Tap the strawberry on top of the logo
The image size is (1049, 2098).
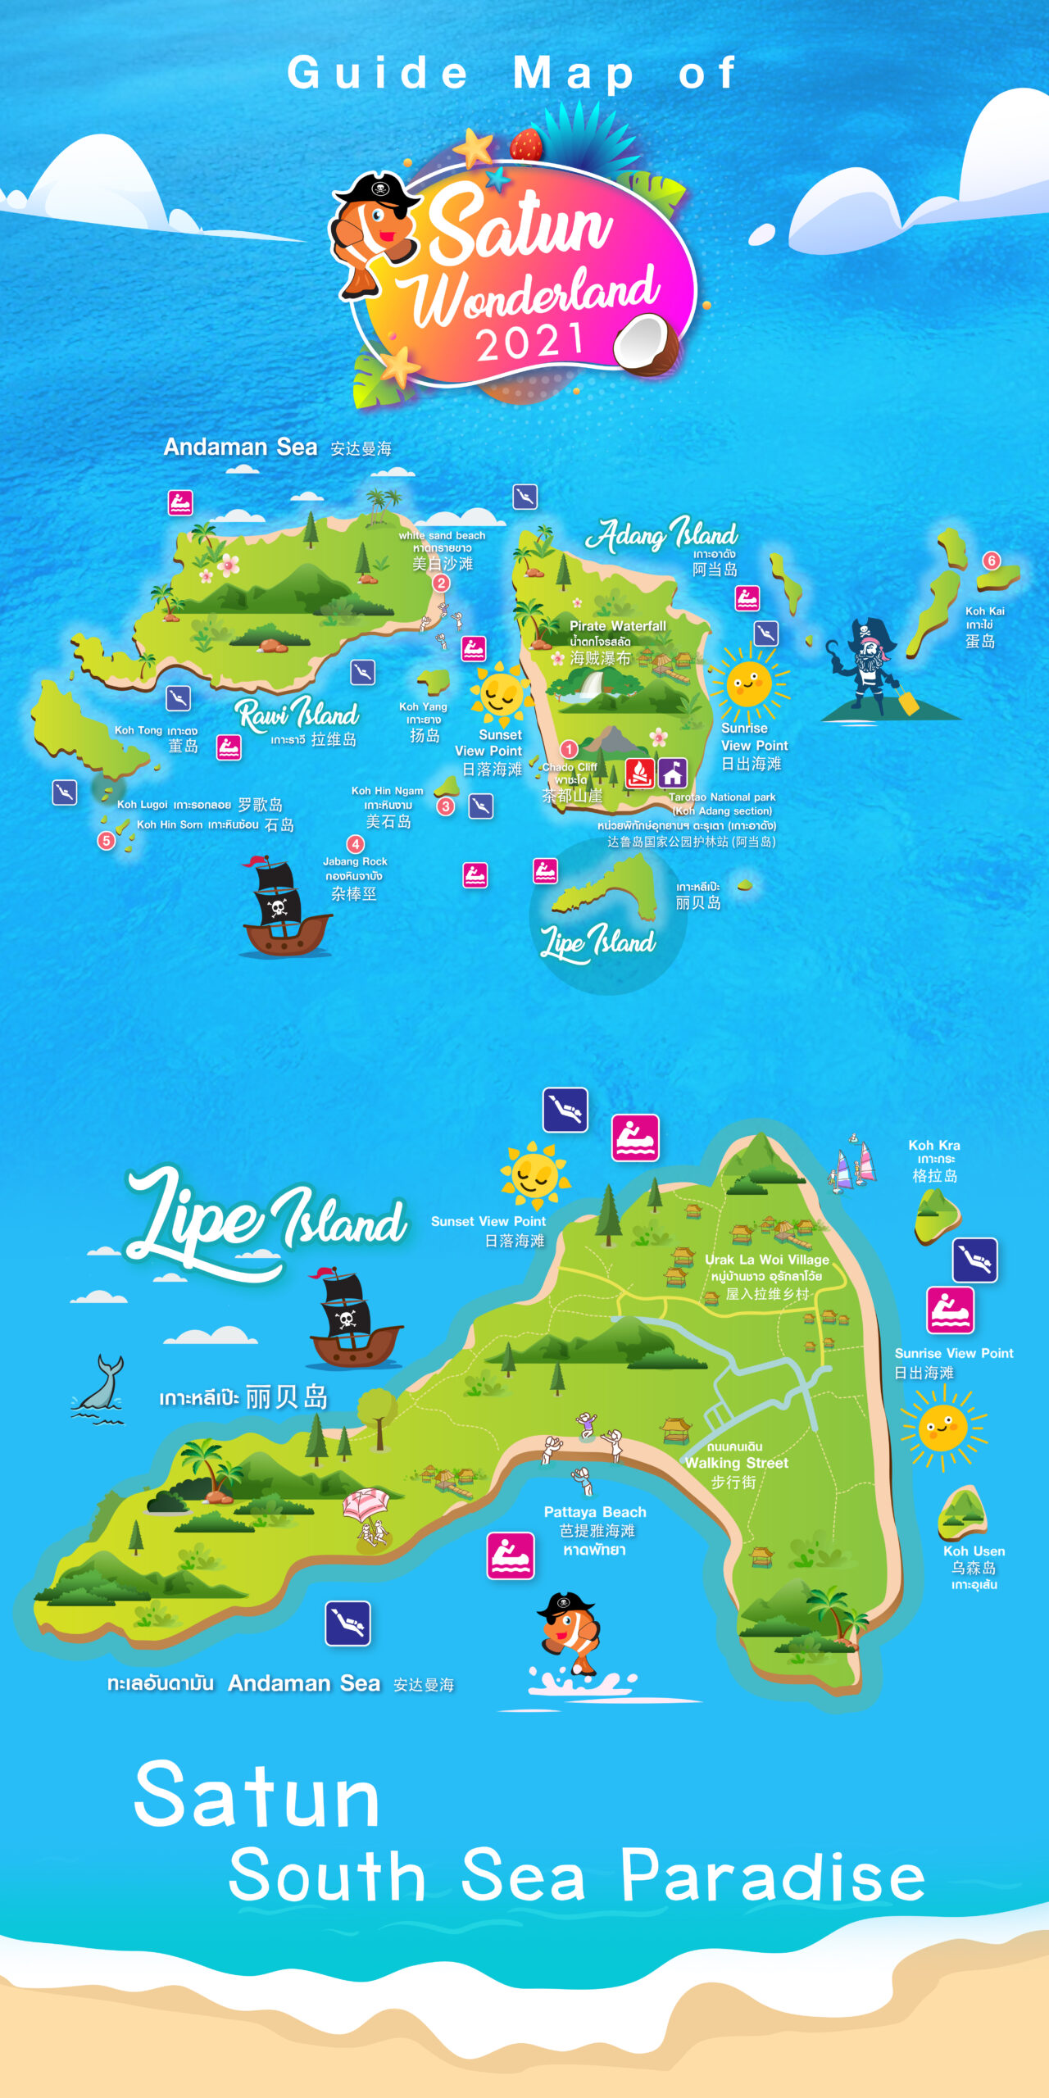coord(526,144)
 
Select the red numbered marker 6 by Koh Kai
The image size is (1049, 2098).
coord(992,561)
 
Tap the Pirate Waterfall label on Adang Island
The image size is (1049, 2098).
coord(618,626)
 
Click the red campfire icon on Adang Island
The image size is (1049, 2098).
coord(640,772)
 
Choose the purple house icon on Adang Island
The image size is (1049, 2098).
coord(673,772)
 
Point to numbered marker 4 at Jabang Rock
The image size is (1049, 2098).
coord(355,844)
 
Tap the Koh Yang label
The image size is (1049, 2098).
coord(423,706)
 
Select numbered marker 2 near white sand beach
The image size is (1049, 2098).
coord(441,583)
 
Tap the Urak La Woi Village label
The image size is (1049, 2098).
coord(767,1260)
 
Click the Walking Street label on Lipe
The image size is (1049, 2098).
coord(736,1464)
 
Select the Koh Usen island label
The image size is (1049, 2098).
coord(974,1551)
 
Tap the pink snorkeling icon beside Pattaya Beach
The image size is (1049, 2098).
coord(511,1555)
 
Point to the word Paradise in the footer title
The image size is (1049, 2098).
coord(772,1877)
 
